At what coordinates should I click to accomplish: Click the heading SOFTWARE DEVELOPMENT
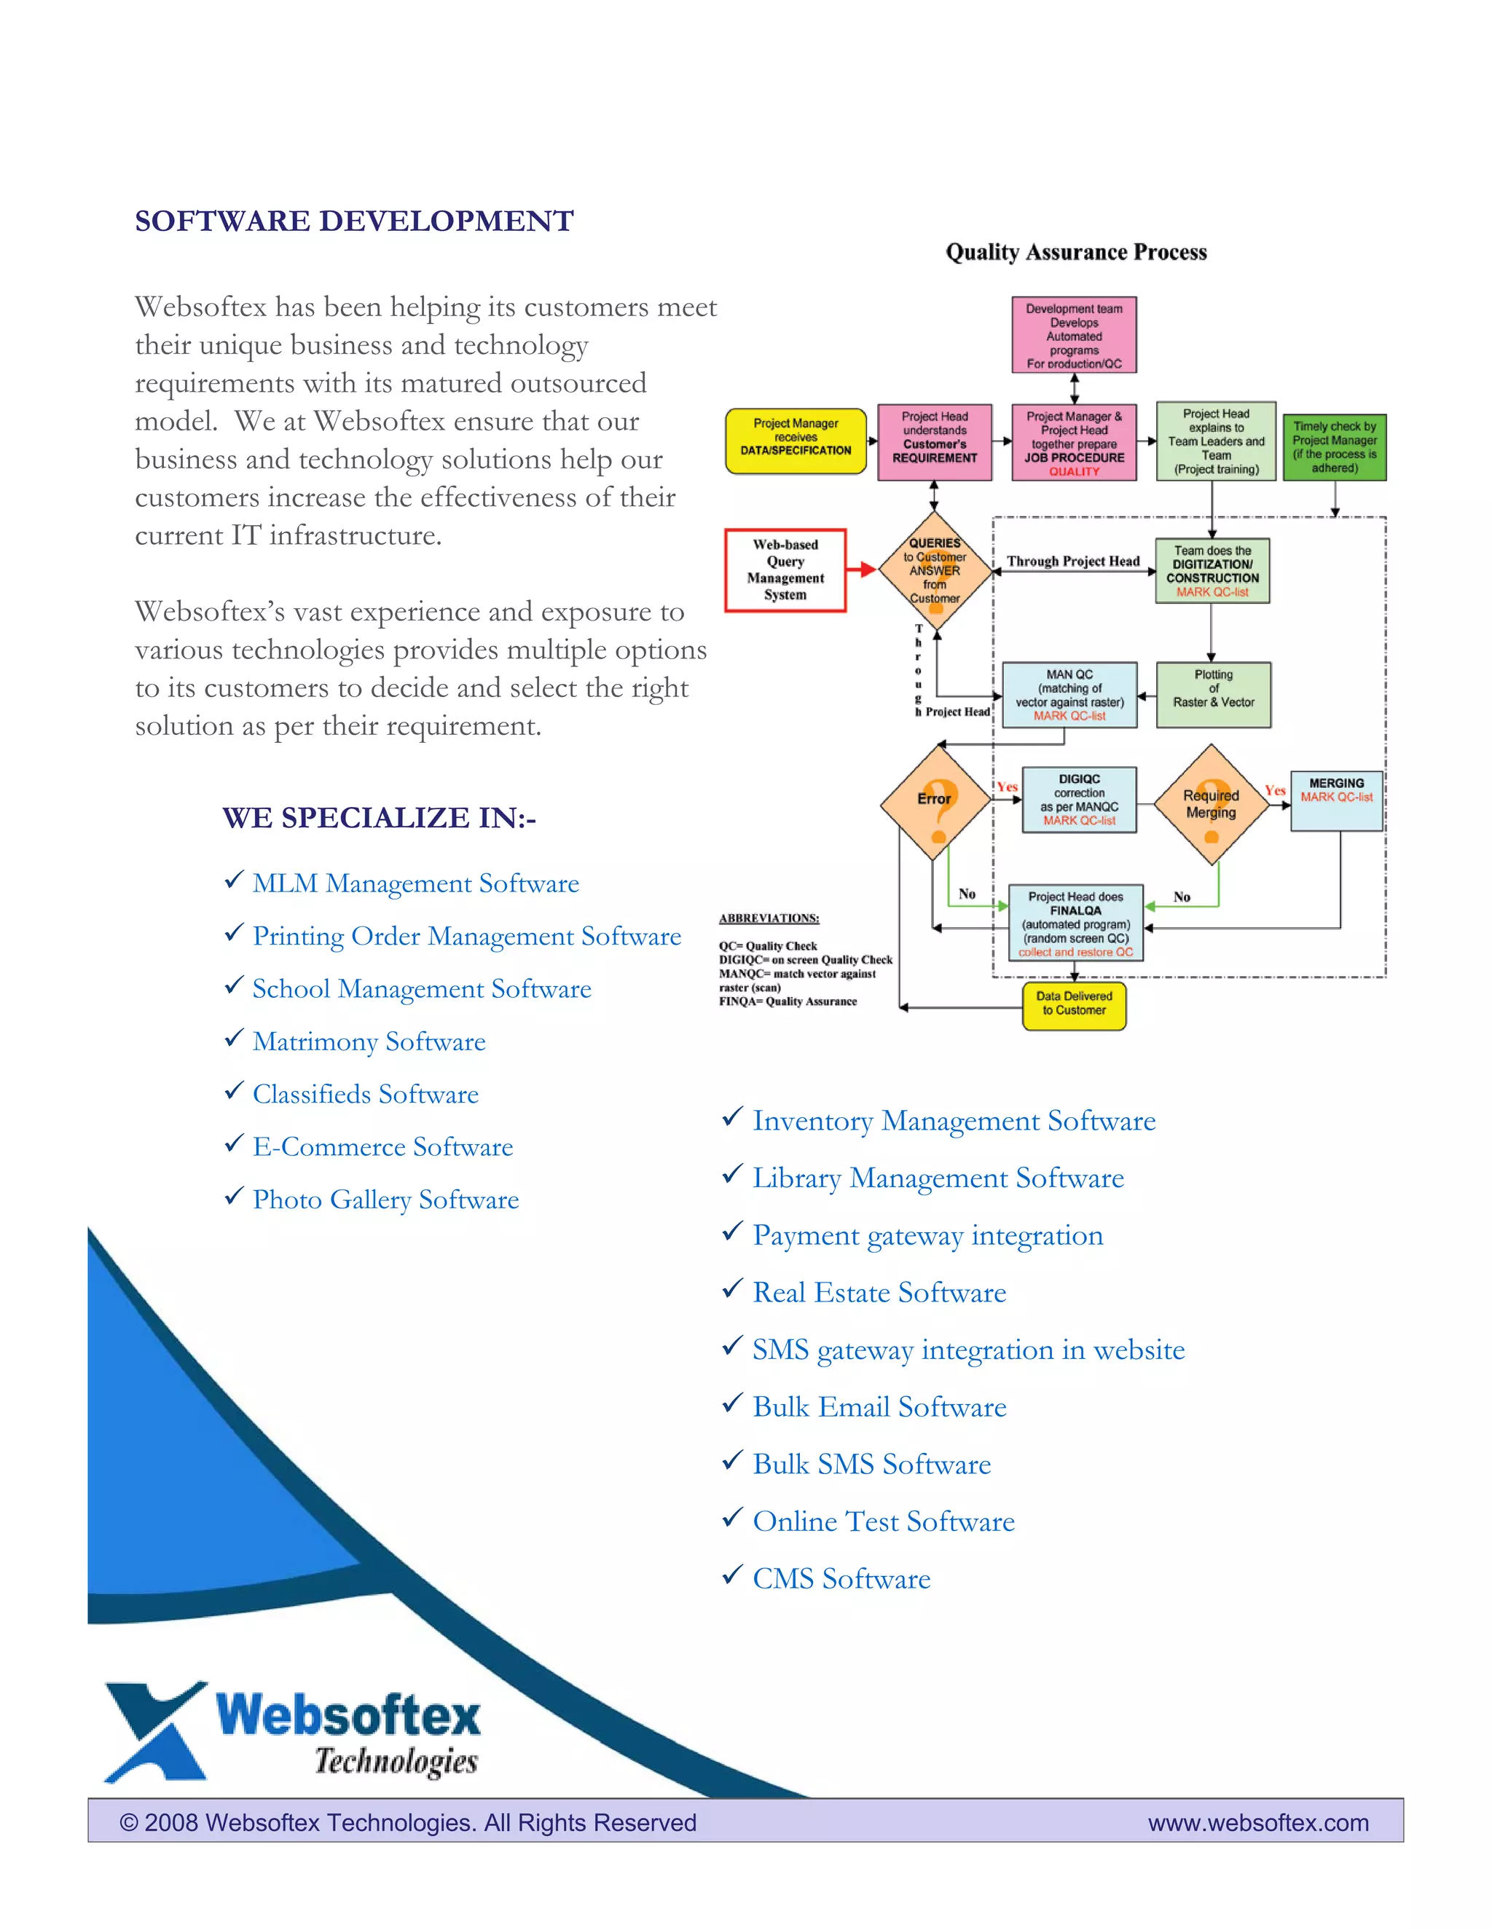pos(353,221)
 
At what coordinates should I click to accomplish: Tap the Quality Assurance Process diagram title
pos(1076,253)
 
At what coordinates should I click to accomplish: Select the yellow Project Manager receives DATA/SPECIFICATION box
pos(796,441)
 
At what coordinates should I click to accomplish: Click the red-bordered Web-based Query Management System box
pos(785,570)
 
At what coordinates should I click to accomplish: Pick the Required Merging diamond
pos(1211,803)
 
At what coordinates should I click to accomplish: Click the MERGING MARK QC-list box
pos(1336,800)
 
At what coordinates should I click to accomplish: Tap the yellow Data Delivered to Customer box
pos(1074,1006)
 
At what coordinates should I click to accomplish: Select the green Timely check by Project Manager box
pos(1334,447)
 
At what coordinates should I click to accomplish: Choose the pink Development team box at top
pos(1074,335)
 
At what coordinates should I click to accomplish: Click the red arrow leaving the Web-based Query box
pos(861,570)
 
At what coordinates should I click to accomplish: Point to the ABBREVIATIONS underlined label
pos(769,918)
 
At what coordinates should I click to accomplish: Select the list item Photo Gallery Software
pos(385,1200)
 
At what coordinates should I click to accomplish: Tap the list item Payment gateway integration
pos(927,1235)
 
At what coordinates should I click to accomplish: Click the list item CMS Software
pos(841,1579)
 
